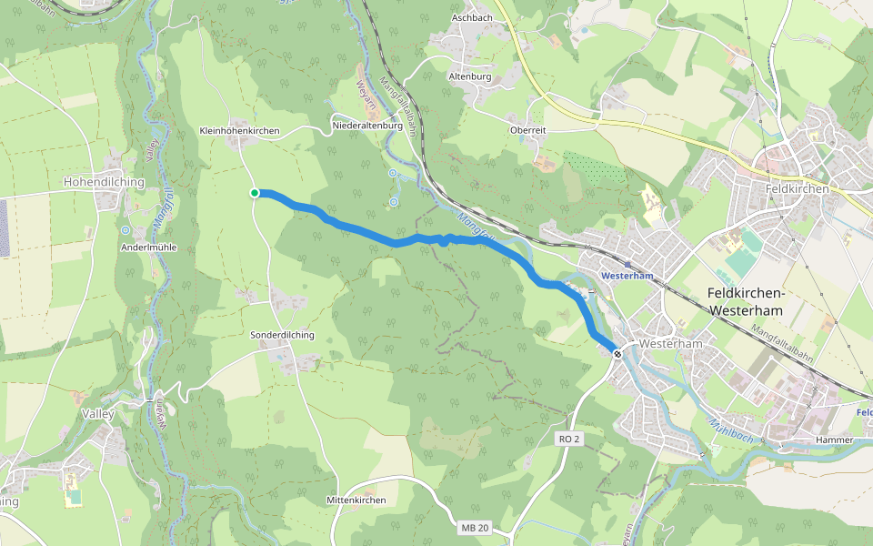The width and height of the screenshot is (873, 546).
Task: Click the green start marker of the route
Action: tap(256, 192)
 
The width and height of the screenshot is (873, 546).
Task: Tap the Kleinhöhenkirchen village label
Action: tap(239, 131)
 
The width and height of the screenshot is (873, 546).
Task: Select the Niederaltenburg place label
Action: tap(367, 125)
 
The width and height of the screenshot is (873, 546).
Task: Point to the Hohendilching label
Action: tap(104, 182)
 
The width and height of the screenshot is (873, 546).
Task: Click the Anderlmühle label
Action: tap(148, 247)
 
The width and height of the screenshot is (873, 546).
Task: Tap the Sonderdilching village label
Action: tap(282, 335)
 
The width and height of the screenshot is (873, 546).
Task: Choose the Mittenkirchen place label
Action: tap(356, 500)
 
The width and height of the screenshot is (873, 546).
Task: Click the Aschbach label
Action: tap(473, 18)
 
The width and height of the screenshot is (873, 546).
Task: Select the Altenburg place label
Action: tap(470, 76)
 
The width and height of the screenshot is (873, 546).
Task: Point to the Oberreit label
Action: tap(528, 130)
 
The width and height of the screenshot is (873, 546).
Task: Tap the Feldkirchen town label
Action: tap(798, 188)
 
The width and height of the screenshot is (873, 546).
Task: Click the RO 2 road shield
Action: tap(569, 439)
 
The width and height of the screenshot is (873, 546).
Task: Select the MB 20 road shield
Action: tap(475, 528)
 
